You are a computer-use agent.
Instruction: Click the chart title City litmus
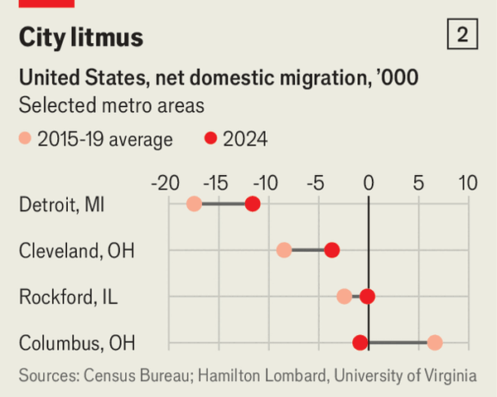(x=80, y=37)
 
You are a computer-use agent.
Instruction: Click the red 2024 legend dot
(x=210, y=139)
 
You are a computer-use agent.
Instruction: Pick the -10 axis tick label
(x=267, y=182)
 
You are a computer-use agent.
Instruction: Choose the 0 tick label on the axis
(x=369, y=182)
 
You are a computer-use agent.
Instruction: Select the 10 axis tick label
(x=468, y=182)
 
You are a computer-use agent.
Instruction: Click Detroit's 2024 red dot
(x=253, y=204)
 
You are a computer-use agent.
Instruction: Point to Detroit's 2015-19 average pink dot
(x=194, y=204)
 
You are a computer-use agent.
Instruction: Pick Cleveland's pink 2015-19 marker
(x=284, y=249)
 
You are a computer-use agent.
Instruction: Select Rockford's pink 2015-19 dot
(x=345, y=296)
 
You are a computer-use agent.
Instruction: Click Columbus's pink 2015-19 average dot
(x=435, y=342)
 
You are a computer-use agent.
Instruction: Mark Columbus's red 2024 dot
(x=359, y=342)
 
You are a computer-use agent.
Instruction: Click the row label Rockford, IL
(x=68, y=296)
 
